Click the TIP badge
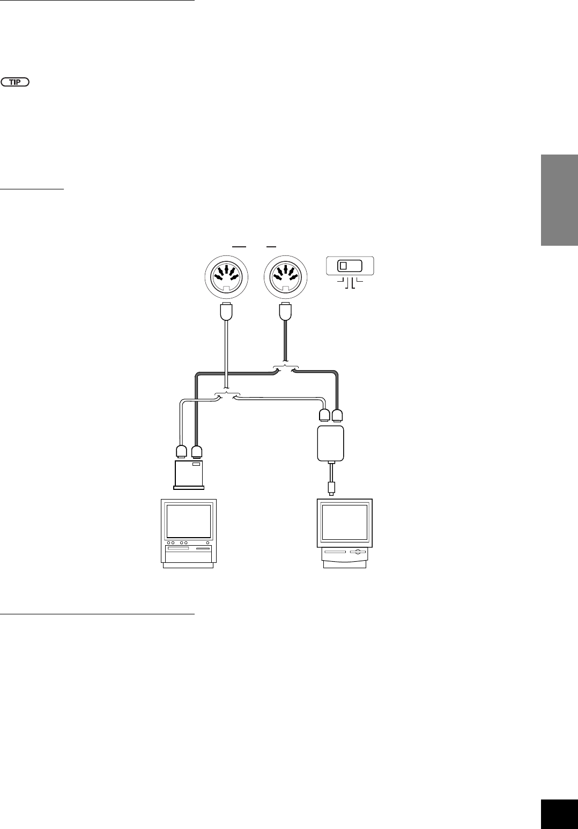16,82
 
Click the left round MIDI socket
226,276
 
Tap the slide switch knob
344,266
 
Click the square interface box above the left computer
189,472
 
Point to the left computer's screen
189,520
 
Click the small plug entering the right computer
332,489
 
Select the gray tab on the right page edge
559,199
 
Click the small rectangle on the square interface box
197,464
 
